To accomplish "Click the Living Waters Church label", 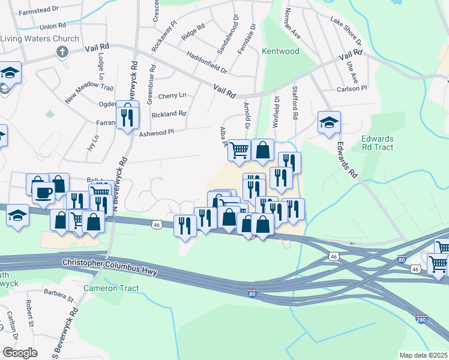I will point(40,39).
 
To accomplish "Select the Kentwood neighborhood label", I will point(280,52).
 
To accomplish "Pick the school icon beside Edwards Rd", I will point(329,123).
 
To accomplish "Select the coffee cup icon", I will point(43,193).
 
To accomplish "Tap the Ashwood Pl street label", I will point(156,132).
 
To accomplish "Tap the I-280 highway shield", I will point(421,320).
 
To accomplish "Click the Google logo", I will point(20,353).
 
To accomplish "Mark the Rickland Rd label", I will point(169,113).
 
